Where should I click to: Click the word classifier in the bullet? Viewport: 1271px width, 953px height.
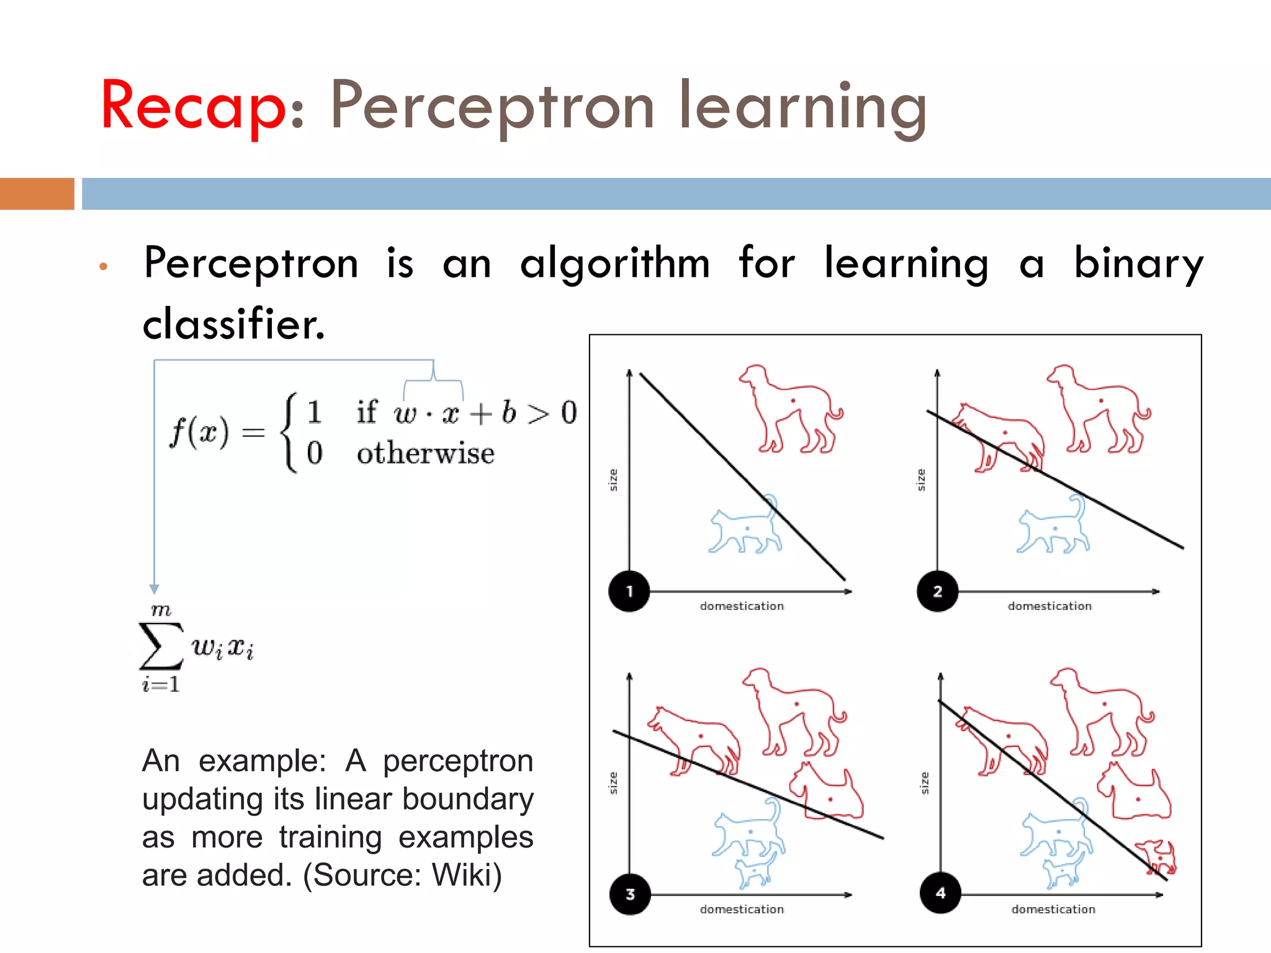pos(233,324)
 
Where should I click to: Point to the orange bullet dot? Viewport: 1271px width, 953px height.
pos(104,267)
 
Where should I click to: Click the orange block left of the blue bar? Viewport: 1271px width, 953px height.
pos(37,194)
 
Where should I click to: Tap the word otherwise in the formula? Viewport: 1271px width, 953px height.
pos(426,454)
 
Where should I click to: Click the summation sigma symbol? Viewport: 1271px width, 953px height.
pos(161,647)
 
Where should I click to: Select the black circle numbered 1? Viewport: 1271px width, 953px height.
pos(629,591)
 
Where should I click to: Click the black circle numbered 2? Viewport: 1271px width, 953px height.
pos(937,591)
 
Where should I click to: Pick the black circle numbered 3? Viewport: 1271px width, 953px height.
pos(630,894)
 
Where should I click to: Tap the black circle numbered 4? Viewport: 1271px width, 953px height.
pos(940,893)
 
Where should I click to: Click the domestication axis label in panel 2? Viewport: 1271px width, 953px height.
pos(1049,606)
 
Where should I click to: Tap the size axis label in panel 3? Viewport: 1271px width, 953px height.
pos(613,783)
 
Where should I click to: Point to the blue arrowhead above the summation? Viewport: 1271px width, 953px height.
pos(155,589)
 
